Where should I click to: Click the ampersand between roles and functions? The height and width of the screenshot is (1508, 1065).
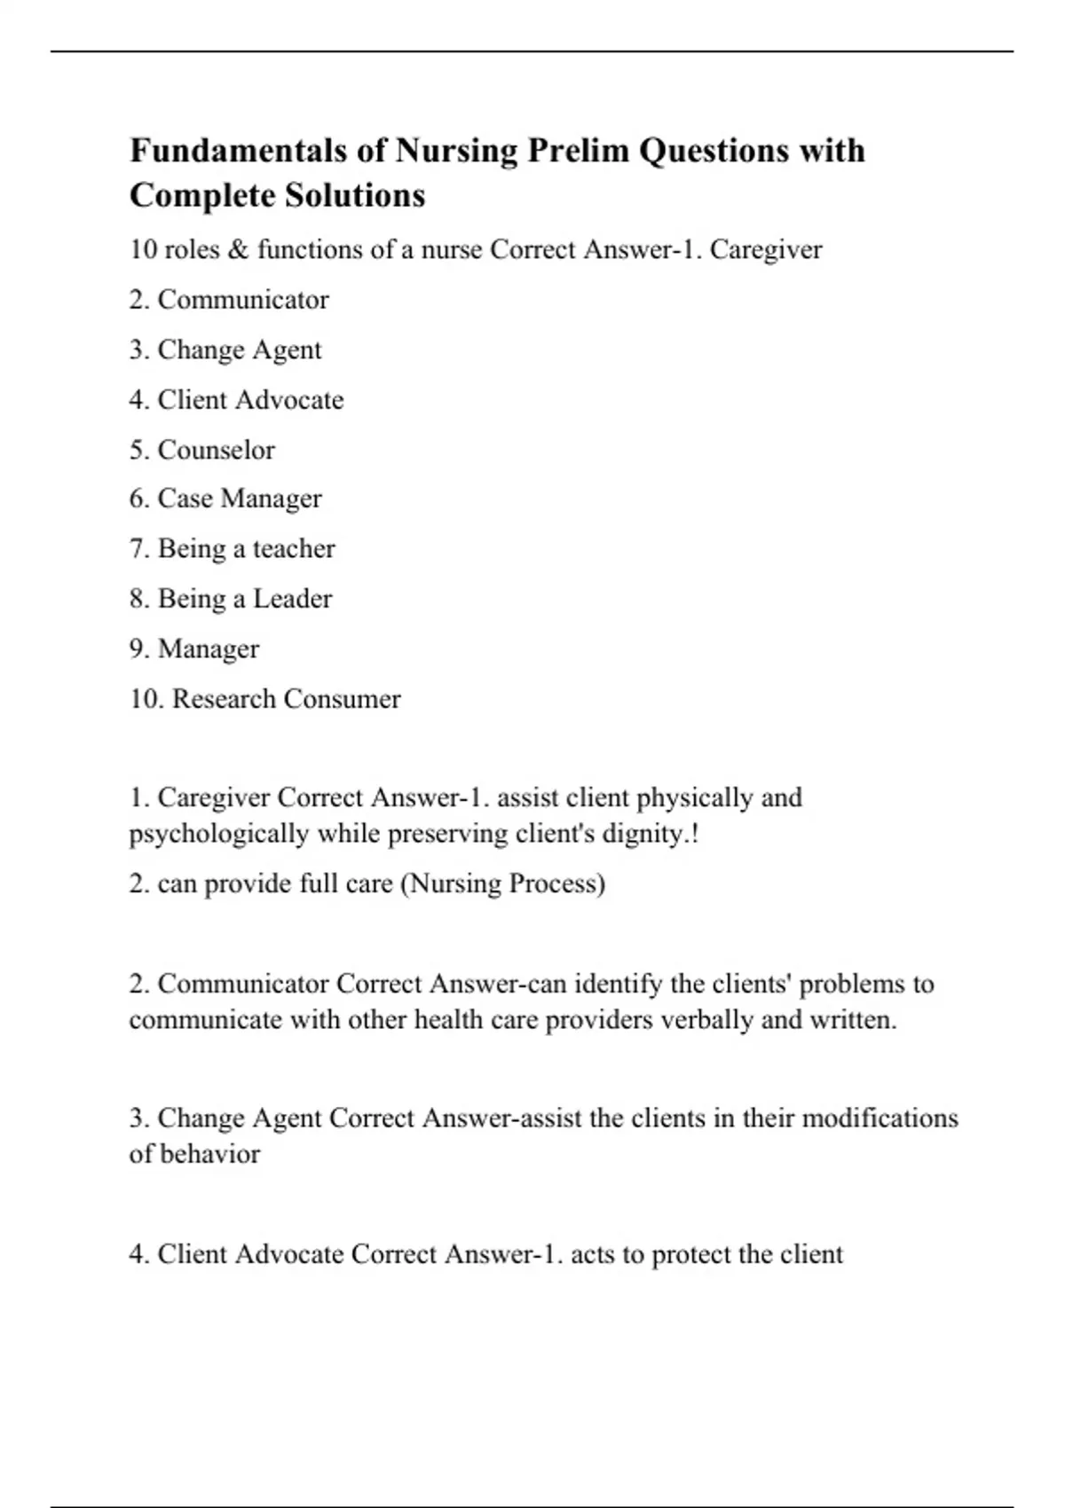pos(238,250)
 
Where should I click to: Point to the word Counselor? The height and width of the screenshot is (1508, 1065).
pos(216,450)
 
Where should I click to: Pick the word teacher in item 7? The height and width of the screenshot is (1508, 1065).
pos(294,549)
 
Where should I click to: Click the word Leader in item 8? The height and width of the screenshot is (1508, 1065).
pos(292,599)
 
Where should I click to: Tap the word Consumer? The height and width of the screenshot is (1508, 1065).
pos(343,699)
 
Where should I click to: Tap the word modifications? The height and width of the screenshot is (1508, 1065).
pos(880,1118)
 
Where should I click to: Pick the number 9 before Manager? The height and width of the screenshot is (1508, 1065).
pos(138,649)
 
